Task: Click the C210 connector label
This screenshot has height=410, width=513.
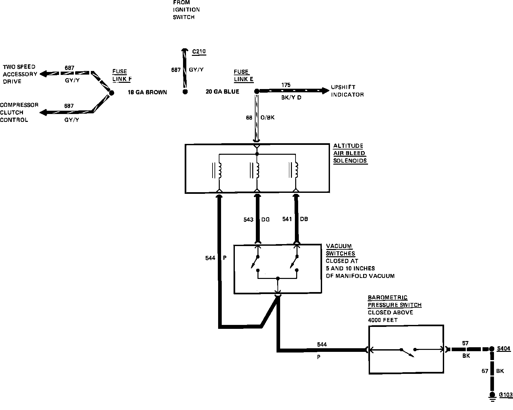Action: [199, 52]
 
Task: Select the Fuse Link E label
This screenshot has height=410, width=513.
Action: [243, 76]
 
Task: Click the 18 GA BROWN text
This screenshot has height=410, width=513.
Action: [147, 92]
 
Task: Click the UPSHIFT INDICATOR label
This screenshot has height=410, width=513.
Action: [347, 91]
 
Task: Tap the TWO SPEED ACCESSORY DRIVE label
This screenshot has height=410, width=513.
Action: [20, 74]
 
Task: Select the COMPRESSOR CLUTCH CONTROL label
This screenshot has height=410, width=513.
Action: [19, 112]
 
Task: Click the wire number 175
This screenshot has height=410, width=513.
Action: [286, 85]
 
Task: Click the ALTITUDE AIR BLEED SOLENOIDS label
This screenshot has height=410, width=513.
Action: [350, 153]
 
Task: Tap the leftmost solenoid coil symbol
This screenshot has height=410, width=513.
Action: [220, 171]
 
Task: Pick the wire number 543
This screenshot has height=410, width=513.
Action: [248, 219]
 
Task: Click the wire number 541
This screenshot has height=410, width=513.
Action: [287, 219]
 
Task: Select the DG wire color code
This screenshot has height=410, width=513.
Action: [265, 219]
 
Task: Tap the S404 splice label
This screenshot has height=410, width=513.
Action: [504, 349]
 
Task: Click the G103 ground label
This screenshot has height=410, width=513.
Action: [505, 395]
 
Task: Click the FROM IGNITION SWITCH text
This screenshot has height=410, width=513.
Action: [186, 10]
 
